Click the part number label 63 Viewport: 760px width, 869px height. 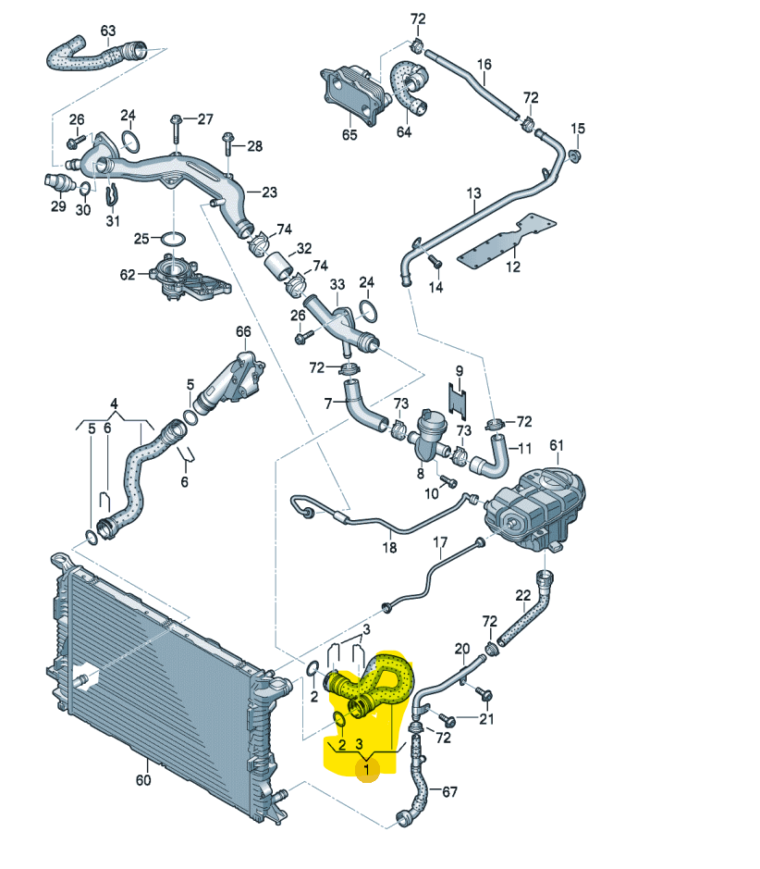click(108, 31)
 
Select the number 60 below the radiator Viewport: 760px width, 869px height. click(142, 780)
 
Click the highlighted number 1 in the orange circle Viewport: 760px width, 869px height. click(368, 767)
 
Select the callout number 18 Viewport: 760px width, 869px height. click(389, 548)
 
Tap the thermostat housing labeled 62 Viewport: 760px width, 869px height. click(180, 277)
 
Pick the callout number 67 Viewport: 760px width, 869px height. click(449, 792)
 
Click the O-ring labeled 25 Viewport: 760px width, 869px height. click(171, 239)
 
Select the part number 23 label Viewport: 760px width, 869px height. click(269, 192)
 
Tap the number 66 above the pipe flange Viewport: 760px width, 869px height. click(243, 331)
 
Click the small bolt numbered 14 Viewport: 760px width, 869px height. click(435, 267)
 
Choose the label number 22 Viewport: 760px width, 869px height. click(522, 595)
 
